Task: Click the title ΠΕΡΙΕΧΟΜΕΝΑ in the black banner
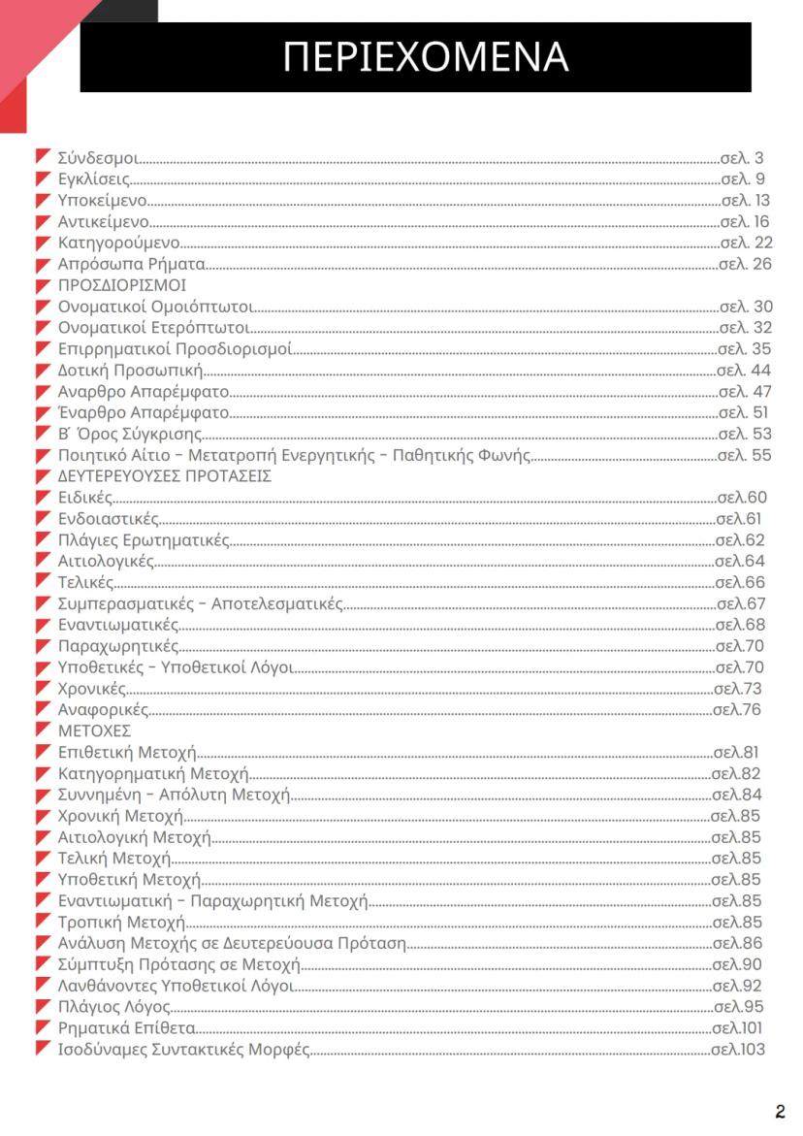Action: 425,57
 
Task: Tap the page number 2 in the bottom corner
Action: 780,1112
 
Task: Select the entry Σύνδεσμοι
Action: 98,158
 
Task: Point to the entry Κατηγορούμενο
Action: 118,243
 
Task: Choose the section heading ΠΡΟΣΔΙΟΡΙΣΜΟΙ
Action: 122,285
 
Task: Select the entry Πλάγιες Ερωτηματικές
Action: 144,540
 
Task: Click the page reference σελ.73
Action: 738,689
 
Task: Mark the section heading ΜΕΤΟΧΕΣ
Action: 94,730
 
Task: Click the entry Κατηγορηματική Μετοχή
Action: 153,773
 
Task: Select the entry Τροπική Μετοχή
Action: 121,922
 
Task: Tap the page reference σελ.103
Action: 738,1050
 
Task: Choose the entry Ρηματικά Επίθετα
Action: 127,1028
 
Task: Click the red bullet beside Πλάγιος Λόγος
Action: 43,1006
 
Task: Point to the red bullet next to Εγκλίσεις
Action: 43,179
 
